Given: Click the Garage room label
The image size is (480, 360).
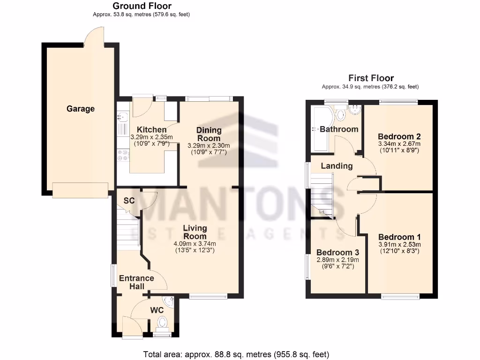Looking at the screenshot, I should pos(80,109).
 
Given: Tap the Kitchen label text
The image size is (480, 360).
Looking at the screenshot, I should pos(151,130).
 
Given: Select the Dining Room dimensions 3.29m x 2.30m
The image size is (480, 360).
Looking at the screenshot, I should pos(209,146).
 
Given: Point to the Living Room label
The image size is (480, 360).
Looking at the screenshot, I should pos(195,232).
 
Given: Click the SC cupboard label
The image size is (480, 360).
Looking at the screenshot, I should pos(129,201).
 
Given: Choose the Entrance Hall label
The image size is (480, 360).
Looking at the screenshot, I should pos(136,282).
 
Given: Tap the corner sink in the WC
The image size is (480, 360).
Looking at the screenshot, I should pos(169,302).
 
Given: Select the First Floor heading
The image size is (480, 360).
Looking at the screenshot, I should pos(371,78).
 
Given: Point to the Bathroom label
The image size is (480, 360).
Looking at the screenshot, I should pos(339,129).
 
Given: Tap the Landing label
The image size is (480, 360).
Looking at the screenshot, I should pos(337,165).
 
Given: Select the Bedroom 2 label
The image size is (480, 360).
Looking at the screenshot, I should pos(399,136).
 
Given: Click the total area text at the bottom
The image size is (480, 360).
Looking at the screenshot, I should pos(236,354).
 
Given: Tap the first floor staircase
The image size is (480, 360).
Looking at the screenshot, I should pos(322,195).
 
